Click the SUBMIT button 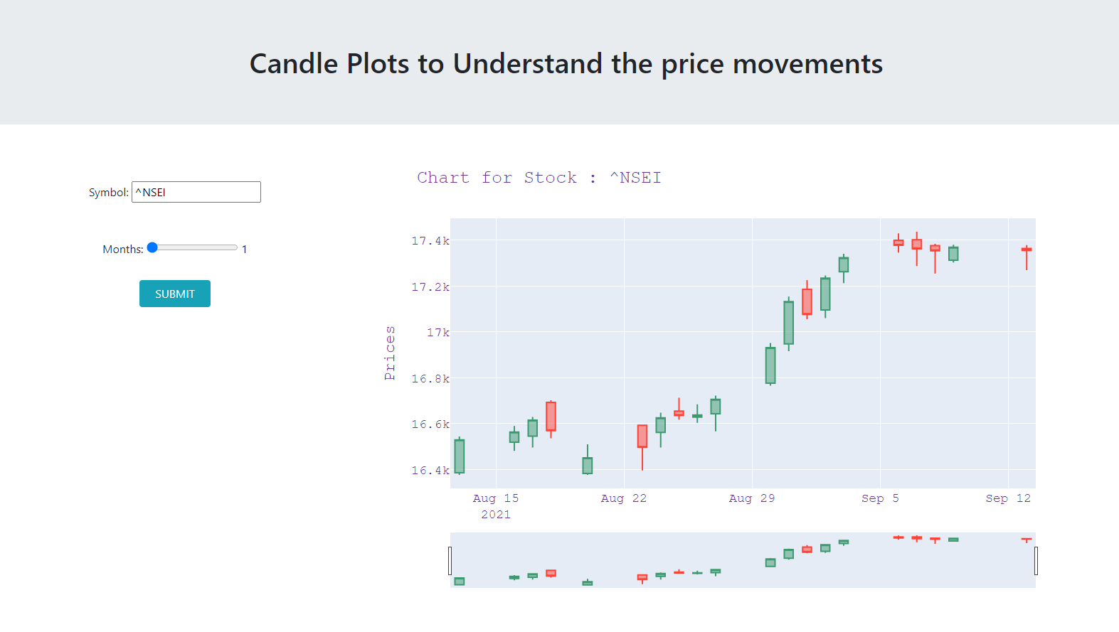[175, 294]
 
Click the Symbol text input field [196, 192]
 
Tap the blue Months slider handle [152, 247]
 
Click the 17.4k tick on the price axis [430, 241]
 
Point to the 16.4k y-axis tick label [430, 470]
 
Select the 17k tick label [438, 333]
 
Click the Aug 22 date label [624, 498]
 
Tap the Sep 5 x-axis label [880, 498]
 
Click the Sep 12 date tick [1008, 498]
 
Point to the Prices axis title [390, 353]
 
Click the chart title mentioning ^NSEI [539, 178]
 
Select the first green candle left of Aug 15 [459, 456]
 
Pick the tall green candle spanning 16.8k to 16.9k [770, 365]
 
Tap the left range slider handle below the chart [450, 561]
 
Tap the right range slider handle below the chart [1036, 561]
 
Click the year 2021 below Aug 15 [496, 515]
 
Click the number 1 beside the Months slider [244, 249]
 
